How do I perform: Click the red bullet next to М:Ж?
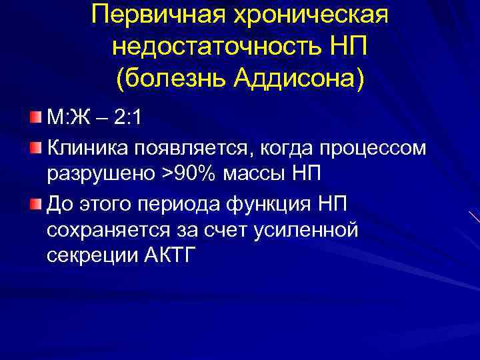point(35,118)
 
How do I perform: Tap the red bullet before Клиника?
point(35,146)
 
